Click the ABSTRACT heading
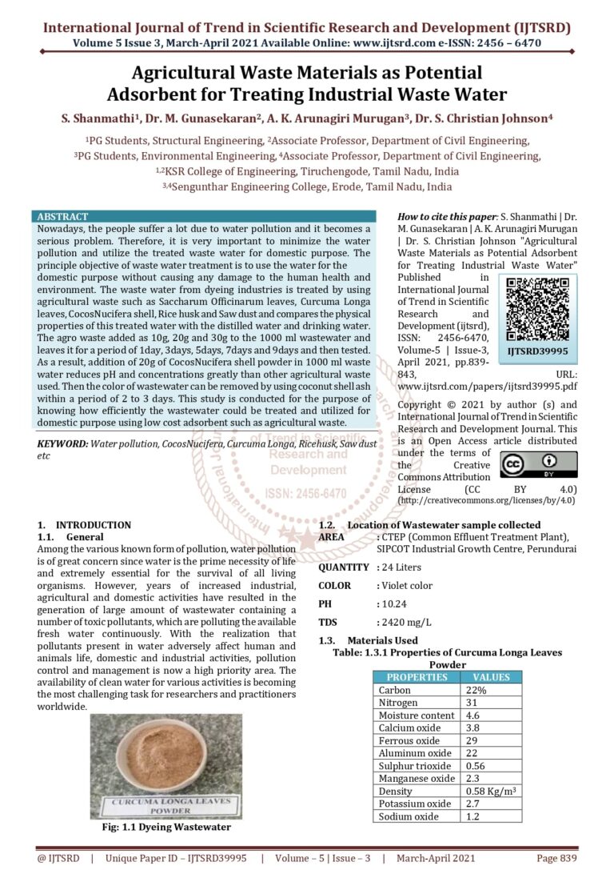(63, 217)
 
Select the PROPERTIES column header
(417, 677)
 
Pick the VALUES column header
(492, 677)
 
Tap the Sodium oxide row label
(409, 816)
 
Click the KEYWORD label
(63, 443)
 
